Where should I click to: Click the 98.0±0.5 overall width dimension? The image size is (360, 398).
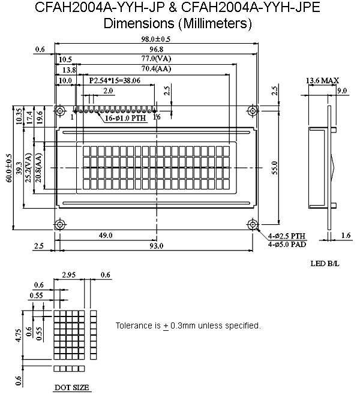click(156, 40)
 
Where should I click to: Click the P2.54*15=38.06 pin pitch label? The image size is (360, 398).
click(115, 80)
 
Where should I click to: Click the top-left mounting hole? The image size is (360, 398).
click(59, 111)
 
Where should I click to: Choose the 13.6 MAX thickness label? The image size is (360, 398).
click(322, 80)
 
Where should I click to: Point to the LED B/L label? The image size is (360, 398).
click(325, 263)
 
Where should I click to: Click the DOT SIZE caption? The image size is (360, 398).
click(72, 388)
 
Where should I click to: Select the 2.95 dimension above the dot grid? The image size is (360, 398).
click(69, 275)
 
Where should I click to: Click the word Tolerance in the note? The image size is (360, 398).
click(131, 325)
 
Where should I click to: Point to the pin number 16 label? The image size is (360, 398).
click(157, 117)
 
